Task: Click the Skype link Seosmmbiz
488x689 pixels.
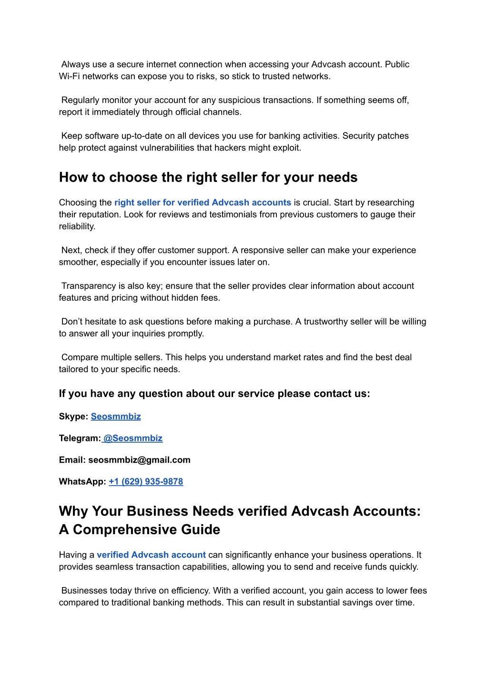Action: pyautogui.click(x=116, y=416)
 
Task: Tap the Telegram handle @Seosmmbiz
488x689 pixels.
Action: pyautogui.click(x=132, y=438)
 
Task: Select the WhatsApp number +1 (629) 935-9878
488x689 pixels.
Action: pyautogui.click(x=146, y=482)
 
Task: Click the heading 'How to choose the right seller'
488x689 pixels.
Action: pyautogui.click(x=208, y=177)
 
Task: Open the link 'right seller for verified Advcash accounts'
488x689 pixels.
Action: pyautogui.click(x=203, y=203)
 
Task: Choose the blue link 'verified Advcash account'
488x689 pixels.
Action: pyautogui.click(x=151, y=555)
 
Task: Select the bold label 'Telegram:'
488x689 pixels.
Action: pyautogui.click(x=80, y=438)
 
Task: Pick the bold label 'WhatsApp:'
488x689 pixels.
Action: pyautogui.click(x=82, y=482)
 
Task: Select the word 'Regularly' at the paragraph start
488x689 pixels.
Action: pyautogui.click(x=79, y=100)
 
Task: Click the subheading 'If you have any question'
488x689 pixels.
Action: pyautogui.click(x=214, y=394)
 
